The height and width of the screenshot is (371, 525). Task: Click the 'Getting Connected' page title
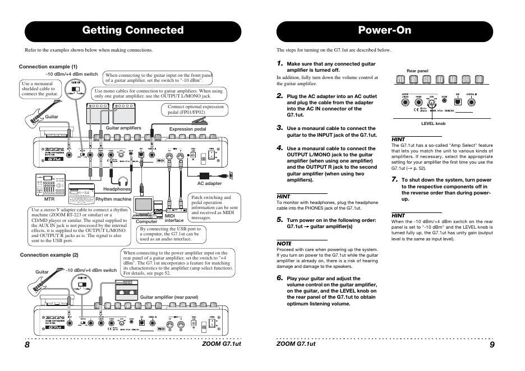133,30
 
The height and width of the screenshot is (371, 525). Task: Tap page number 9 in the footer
492,345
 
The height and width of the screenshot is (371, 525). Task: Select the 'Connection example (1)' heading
48,67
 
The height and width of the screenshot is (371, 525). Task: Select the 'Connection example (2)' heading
49,255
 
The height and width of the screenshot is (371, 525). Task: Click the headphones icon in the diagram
123,180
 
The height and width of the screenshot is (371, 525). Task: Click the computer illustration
145,207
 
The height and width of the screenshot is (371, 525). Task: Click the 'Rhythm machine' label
113,199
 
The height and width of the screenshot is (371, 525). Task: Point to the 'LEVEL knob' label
433,122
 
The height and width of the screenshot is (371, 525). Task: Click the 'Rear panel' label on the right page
417,71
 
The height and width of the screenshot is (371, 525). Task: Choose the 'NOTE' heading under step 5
284,243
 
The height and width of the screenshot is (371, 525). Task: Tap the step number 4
280,148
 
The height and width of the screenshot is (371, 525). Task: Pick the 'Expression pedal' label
188,129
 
